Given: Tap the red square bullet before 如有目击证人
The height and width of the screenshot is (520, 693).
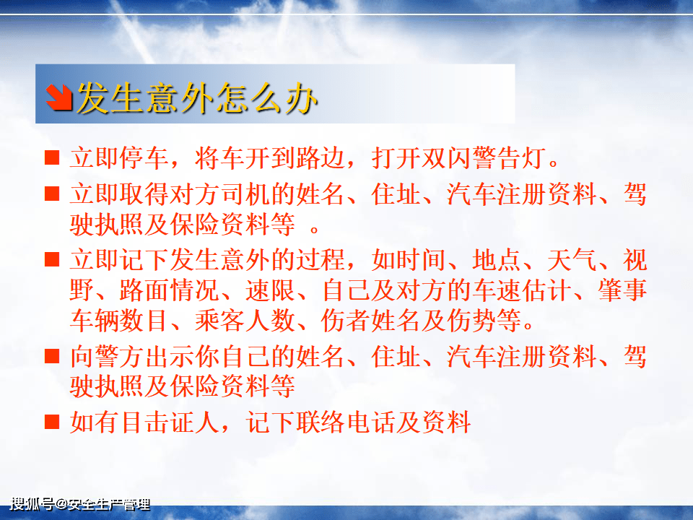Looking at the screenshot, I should click(x=52, y=421).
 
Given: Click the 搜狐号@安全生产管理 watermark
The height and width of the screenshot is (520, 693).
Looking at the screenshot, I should click(x=79, y=505).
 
